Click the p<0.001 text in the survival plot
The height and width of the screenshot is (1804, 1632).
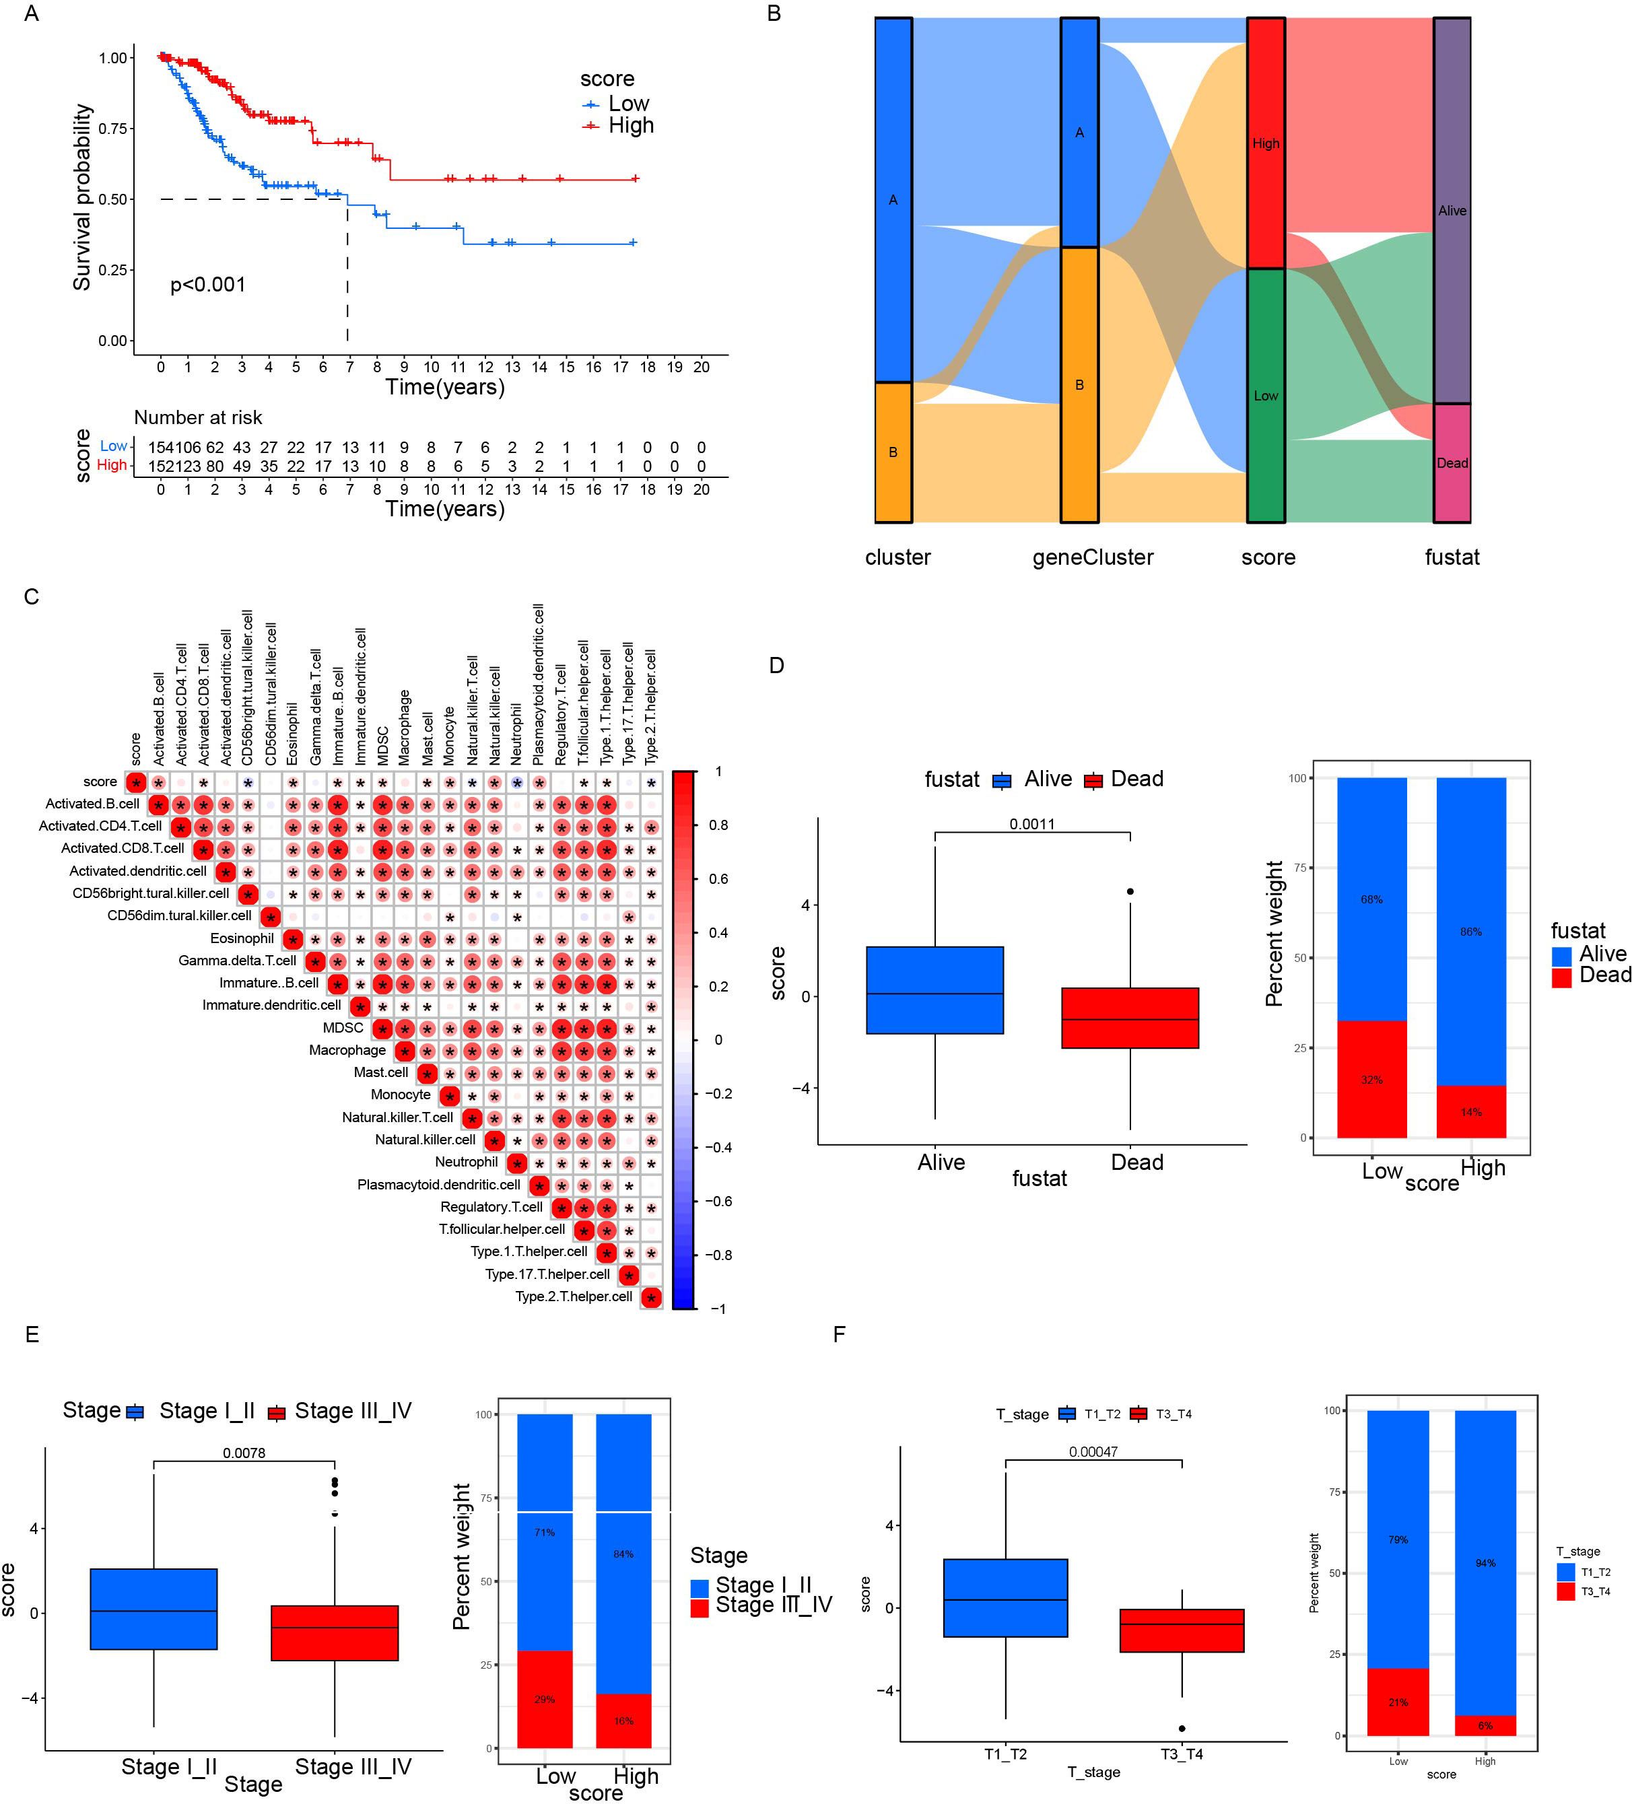pos(207,285)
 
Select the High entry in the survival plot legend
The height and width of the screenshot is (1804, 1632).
pos(630,125)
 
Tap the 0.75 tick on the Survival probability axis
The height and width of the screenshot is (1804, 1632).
pos(113,129)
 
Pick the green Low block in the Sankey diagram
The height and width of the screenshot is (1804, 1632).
pos(1266,396)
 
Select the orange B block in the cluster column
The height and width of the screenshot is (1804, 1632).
pos(893,452)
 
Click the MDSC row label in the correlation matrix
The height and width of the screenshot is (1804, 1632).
pos(343,1028)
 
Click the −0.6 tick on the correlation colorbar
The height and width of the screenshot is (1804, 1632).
pos(715,1201)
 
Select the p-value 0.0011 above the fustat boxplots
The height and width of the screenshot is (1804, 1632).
pos(1031,824)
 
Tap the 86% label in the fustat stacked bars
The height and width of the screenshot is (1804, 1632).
pos(1471,932)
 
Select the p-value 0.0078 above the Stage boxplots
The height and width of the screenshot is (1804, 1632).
pos(244,1453)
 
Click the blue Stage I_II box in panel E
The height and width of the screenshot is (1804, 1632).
pos(154,1608)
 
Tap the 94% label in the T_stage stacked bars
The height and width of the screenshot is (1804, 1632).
pos(1485,1562)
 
